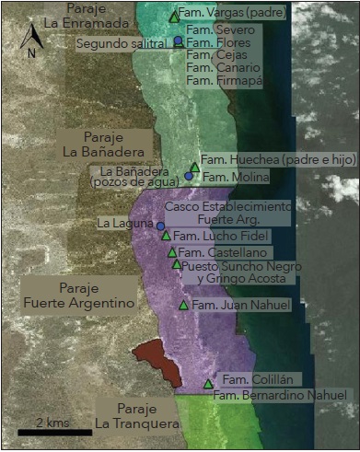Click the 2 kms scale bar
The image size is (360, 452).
coord(54,430)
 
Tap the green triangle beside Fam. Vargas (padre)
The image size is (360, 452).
coord(175,17)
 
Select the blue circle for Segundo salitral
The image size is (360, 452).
coord(178,41)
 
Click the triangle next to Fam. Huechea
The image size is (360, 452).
coord(194,167)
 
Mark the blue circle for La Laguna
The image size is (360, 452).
coord(160,226)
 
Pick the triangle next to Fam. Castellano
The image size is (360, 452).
coord(172,252)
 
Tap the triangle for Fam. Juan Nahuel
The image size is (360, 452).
coord(183,305)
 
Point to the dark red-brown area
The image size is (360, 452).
coord(157,361)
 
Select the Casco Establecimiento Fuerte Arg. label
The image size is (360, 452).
coord(226,213)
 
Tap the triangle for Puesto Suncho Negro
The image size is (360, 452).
coord(177,265)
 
